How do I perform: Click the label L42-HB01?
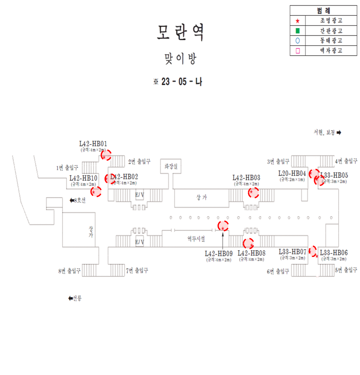pos(93,144)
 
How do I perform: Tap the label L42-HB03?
pos(246,177)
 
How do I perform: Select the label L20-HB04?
pos(292,174)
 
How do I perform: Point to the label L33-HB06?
pos(334,253)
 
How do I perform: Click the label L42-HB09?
pos(219,253)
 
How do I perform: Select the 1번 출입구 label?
pos(68,168)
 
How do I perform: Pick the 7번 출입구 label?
pos(137,271)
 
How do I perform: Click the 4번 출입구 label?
pos(346,161)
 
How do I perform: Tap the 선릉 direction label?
pos(74,298)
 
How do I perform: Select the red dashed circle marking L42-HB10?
pos(96,192)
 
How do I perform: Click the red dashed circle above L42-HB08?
pos(248,243)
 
